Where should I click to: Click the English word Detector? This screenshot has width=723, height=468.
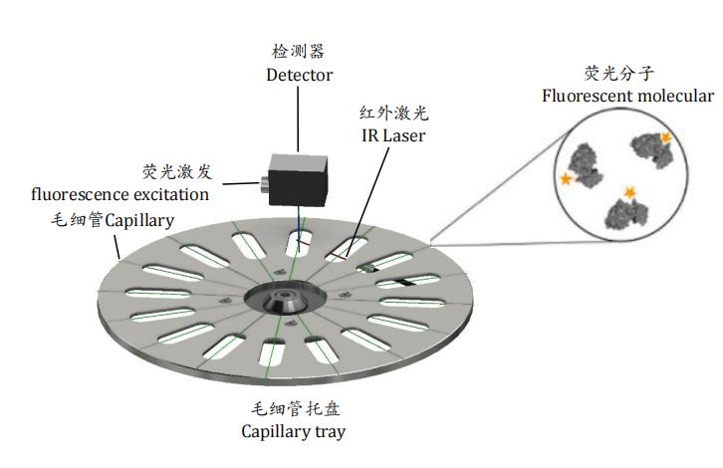pos(299,74)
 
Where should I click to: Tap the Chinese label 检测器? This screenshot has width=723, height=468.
pos(299,51)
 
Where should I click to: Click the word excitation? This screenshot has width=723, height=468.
pos(166,193)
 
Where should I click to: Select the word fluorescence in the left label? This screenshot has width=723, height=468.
pos(76,193)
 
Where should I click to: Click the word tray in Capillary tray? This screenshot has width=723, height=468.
pos(330,431)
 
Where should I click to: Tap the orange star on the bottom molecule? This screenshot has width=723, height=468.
pos(629,190)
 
